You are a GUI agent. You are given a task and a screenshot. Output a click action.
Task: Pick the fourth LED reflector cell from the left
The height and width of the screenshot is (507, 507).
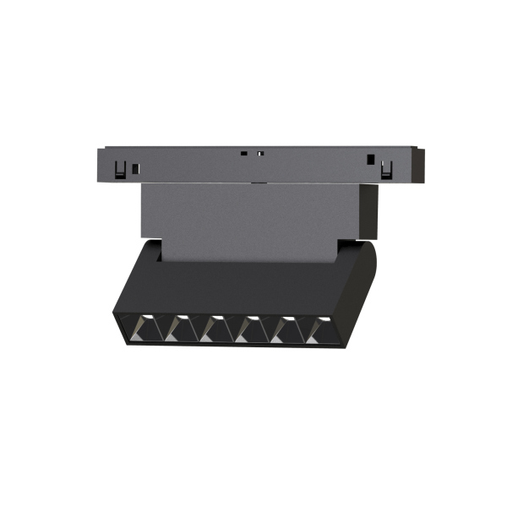coord(249,328)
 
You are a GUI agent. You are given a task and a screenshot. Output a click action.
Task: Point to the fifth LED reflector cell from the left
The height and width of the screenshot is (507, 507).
coord(286,328)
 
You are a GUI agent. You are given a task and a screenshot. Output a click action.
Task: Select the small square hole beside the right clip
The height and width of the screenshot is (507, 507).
coord(369,159)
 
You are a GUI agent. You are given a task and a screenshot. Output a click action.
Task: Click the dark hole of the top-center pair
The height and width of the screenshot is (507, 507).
coord(243,154)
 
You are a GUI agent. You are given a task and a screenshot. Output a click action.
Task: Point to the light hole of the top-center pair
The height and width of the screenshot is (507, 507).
coord(260,154)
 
